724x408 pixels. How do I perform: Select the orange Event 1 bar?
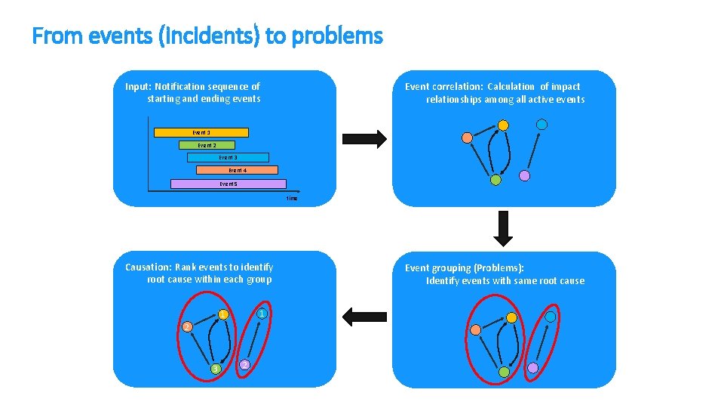pyautogui.click(x=201, y=132)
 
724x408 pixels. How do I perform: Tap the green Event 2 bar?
pyautogui.click(x=207, y=145)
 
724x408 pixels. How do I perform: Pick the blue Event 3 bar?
pyautogui.click(x=228, y=158)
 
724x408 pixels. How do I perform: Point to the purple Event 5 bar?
pyautogui.click(x=229, y=184)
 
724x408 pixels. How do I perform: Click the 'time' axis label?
pyautogui.click(x=292, y=198)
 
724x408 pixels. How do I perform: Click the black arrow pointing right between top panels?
pyautogui.click(x=364, y=139)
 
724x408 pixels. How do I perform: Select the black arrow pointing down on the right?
pyautogui.click(x=503, y=228)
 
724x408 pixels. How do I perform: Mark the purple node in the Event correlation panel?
pyautogui.click(x=525, y=175)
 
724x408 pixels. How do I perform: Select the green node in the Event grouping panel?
pyautogui.click(x=504, y=372)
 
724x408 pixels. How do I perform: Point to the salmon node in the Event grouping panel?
pyautogui.click(x=476, y=329)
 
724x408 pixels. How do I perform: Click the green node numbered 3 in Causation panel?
pyautogui.click(x=216, y=369)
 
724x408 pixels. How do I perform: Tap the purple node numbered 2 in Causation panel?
pyautogui.click(x=244, y=365)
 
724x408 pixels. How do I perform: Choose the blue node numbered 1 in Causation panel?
pyautogui.click(x=260, y=314)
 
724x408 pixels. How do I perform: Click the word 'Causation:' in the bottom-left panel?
pyautogui.click(x=148, y=267)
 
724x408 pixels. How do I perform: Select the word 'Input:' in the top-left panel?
pyautogui.click(x=139, y=86)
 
